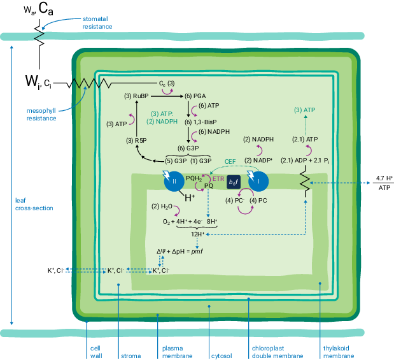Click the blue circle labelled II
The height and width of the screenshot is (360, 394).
175,182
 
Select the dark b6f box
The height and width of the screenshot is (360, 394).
234,182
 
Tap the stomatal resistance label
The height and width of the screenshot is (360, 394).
97,23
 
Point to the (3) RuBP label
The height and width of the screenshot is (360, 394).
136,96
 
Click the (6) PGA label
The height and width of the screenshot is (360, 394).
196,96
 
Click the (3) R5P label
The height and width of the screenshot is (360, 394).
136,140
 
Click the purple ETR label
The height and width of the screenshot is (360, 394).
218,180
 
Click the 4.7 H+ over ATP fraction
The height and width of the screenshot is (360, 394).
384,183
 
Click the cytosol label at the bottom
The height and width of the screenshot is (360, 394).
220,349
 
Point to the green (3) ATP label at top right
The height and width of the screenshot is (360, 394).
305,110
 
